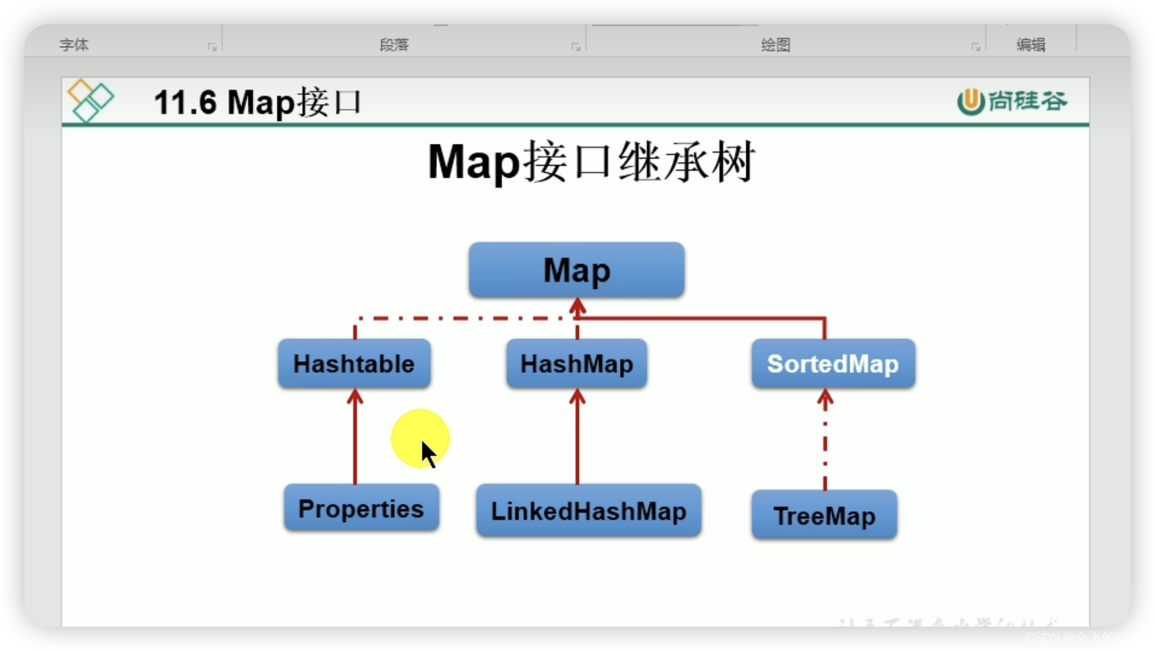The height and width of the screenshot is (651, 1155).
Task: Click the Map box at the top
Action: (576, 270)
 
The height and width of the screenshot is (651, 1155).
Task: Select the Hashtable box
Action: (354, 364)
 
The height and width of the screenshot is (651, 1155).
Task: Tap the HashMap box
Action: (576, 364)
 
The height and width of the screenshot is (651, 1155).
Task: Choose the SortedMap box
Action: (833, 364)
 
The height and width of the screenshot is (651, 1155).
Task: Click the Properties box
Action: (361, 509)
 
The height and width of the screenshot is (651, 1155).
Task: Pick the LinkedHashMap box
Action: (588, 511)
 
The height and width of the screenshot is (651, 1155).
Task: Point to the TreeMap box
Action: (824, 516)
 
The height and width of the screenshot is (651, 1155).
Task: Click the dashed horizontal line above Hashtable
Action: (459, 317)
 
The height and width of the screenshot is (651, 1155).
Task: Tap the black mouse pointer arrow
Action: (428, 454)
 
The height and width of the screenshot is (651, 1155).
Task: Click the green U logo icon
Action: (970, 101)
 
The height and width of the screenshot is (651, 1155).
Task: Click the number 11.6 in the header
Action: (185, 103)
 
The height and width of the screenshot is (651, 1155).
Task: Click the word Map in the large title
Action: (473, 162)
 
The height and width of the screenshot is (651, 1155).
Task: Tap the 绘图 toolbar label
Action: (775, 45)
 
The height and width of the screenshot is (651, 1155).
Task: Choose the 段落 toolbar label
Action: (394, 45)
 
